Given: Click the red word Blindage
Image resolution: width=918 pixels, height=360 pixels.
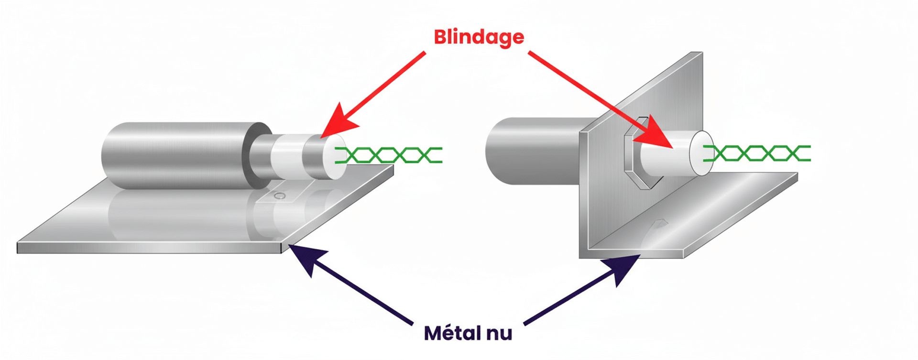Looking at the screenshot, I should pos(479,37).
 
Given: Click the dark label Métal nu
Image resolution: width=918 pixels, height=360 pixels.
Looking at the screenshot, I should pos(468,333).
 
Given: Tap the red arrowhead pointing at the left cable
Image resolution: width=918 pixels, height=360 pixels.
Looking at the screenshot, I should pos(340,122).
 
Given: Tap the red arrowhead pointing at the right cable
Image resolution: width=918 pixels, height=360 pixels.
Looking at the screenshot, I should pos(658,137).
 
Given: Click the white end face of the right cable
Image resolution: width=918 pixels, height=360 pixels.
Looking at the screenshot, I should pos(700,152).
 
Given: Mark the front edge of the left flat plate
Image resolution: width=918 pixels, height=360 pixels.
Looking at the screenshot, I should pos(148,248).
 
